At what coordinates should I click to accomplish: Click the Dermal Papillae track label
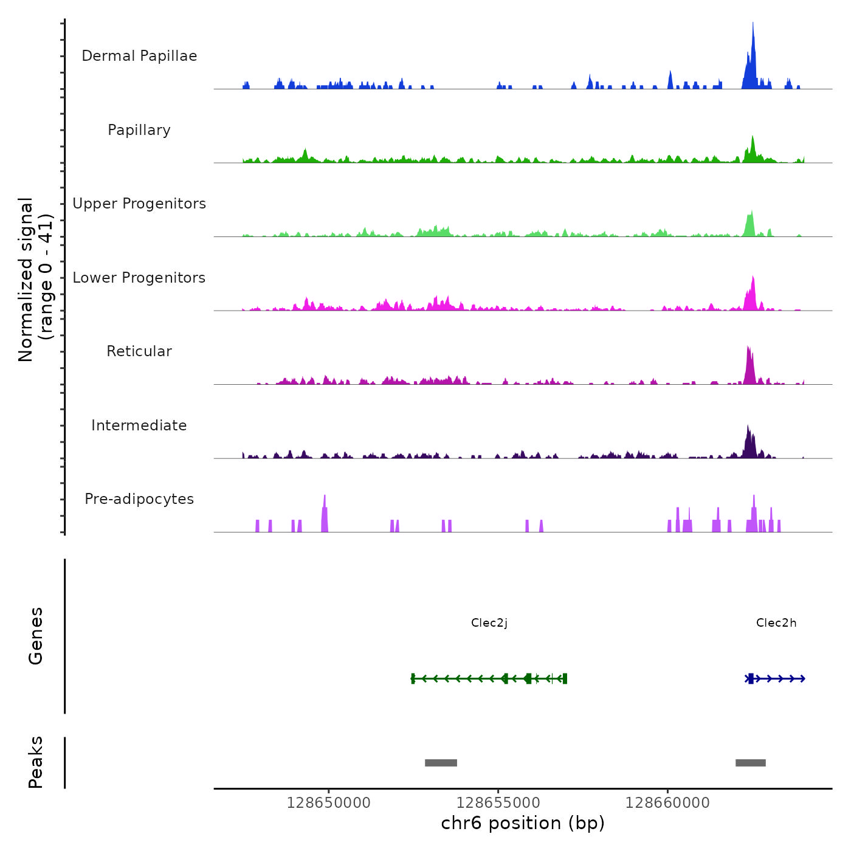139,56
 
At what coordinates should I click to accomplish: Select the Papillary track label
139,130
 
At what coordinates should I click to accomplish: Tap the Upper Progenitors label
139,204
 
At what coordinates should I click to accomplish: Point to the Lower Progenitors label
139,278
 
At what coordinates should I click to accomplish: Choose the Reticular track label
139,351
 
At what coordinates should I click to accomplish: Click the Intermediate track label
139,425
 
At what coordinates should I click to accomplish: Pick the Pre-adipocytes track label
139,499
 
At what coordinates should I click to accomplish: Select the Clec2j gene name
489,623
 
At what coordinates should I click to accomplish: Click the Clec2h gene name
776,623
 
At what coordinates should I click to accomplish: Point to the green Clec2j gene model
489,678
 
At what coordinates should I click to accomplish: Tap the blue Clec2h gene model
775,678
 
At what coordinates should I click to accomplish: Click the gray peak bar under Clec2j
441,763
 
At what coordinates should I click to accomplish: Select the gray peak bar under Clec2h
751,763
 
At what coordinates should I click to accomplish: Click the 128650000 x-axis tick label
328,803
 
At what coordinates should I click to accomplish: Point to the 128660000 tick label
667,803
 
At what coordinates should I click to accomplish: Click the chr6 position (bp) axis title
523,824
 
